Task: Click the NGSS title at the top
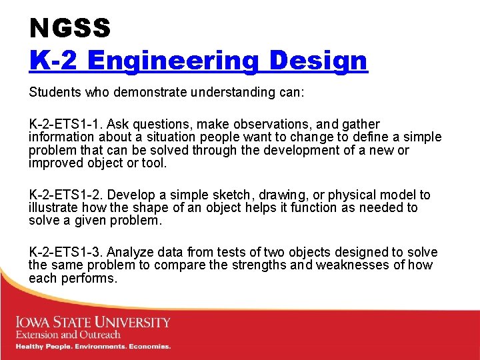(x=70, y=28)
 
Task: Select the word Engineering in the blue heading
(x=171, y=61)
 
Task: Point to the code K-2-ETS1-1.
(x=65, y=125)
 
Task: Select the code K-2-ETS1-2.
(x=65, y=195)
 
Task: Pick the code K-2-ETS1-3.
(x=65, y=253)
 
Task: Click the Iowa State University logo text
(x=93, y=323)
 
